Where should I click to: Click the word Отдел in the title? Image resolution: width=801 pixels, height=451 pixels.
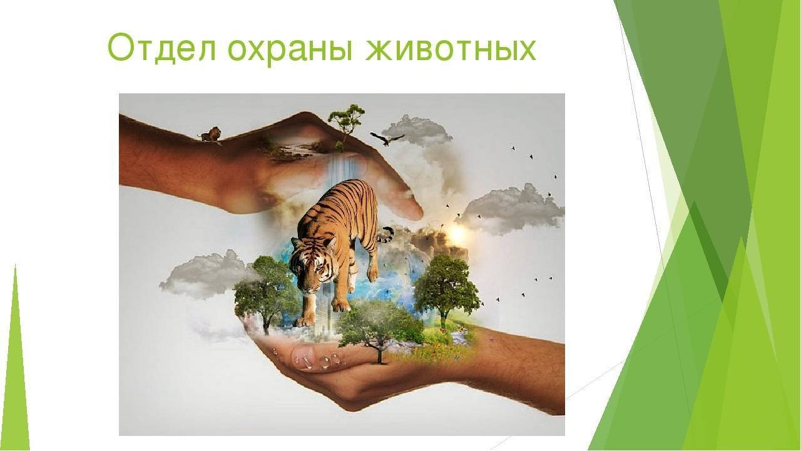(161, 48)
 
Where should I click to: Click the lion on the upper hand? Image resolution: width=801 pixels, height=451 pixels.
(210, 134)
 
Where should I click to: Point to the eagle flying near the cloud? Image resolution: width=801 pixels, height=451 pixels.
(387, 139)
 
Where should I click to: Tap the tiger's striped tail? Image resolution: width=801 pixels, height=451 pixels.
(385, 234)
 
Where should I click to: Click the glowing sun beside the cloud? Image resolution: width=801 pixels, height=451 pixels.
(456, 234)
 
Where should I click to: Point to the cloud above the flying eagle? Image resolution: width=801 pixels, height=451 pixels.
(417, 130)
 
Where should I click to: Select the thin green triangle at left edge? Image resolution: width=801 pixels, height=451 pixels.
(16, 357)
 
